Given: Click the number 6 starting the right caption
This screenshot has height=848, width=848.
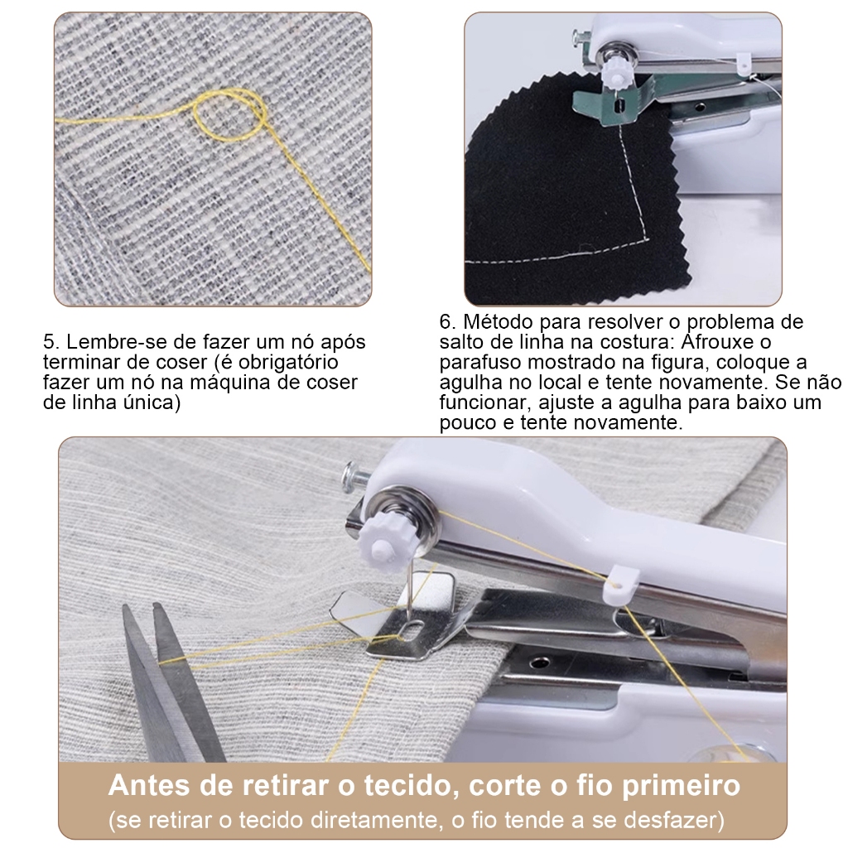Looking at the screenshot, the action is [x=446, y=322].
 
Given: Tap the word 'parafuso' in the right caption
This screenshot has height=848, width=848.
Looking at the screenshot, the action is [x=480, y=364].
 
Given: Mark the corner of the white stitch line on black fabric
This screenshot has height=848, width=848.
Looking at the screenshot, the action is [x=648, y=238].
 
